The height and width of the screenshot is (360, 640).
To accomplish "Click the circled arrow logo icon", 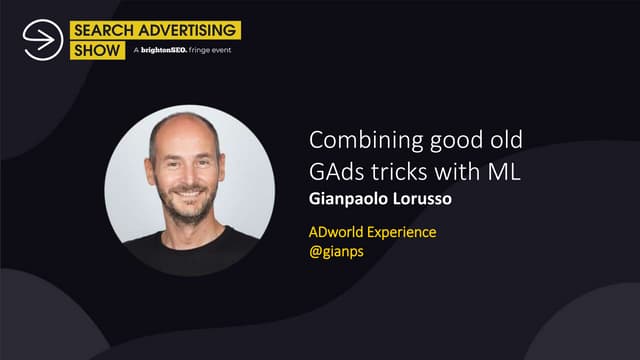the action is coord(43,40).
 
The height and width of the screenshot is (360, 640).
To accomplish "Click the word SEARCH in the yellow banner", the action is coord(104,30).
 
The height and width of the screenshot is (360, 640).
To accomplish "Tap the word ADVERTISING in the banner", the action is coord(187,30).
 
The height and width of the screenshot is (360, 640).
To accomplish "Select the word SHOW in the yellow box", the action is coord(97,51).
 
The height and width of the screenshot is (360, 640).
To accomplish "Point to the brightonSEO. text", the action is coord(164,50).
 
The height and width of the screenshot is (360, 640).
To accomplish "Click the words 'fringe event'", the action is coord(210,50).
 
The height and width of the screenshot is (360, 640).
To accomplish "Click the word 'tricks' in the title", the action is coord(399,172).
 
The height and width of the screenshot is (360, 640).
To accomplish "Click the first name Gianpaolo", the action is coord(348,199).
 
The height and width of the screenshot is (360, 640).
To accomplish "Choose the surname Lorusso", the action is coord(422,199).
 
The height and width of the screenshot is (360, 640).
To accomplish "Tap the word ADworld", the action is coord(336,232).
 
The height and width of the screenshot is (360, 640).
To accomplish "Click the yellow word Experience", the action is coord(402,233).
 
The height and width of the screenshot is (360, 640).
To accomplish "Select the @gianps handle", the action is coord(336,252).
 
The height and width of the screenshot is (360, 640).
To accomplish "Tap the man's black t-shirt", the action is coord(191,253).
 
